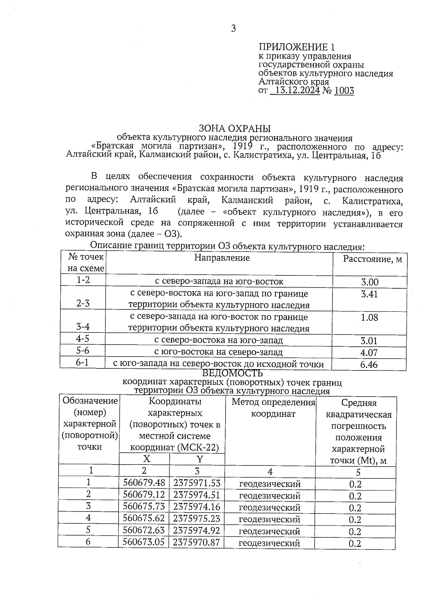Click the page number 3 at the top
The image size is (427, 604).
(233, 28)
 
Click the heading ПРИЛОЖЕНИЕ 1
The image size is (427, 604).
(296, 47)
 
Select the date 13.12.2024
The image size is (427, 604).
(297, 91)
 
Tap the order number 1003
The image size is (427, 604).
(344, 91)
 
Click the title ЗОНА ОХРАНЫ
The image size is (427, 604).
(234, 128)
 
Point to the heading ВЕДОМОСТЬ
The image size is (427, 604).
(232, 373)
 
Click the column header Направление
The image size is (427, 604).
(222, 258)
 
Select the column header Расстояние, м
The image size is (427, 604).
(372, 259)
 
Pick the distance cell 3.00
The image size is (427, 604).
(369, 282)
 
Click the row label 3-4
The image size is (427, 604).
(83, 327)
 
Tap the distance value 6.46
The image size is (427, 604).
(369, 364)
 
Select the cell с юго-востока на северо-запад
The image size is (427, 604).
(218, 352)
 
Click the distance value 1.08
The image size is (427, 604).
(369, 317)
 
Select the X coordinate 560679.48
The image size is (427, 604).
(144, 483)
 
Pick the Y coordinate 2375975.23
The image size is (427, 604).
(197, 519)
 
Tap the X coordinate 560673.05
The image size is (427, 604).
(144, 542)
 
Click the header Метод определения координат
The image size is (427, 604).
(273, 408)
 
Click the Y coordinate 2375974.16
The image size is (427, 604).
(197, 507)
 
